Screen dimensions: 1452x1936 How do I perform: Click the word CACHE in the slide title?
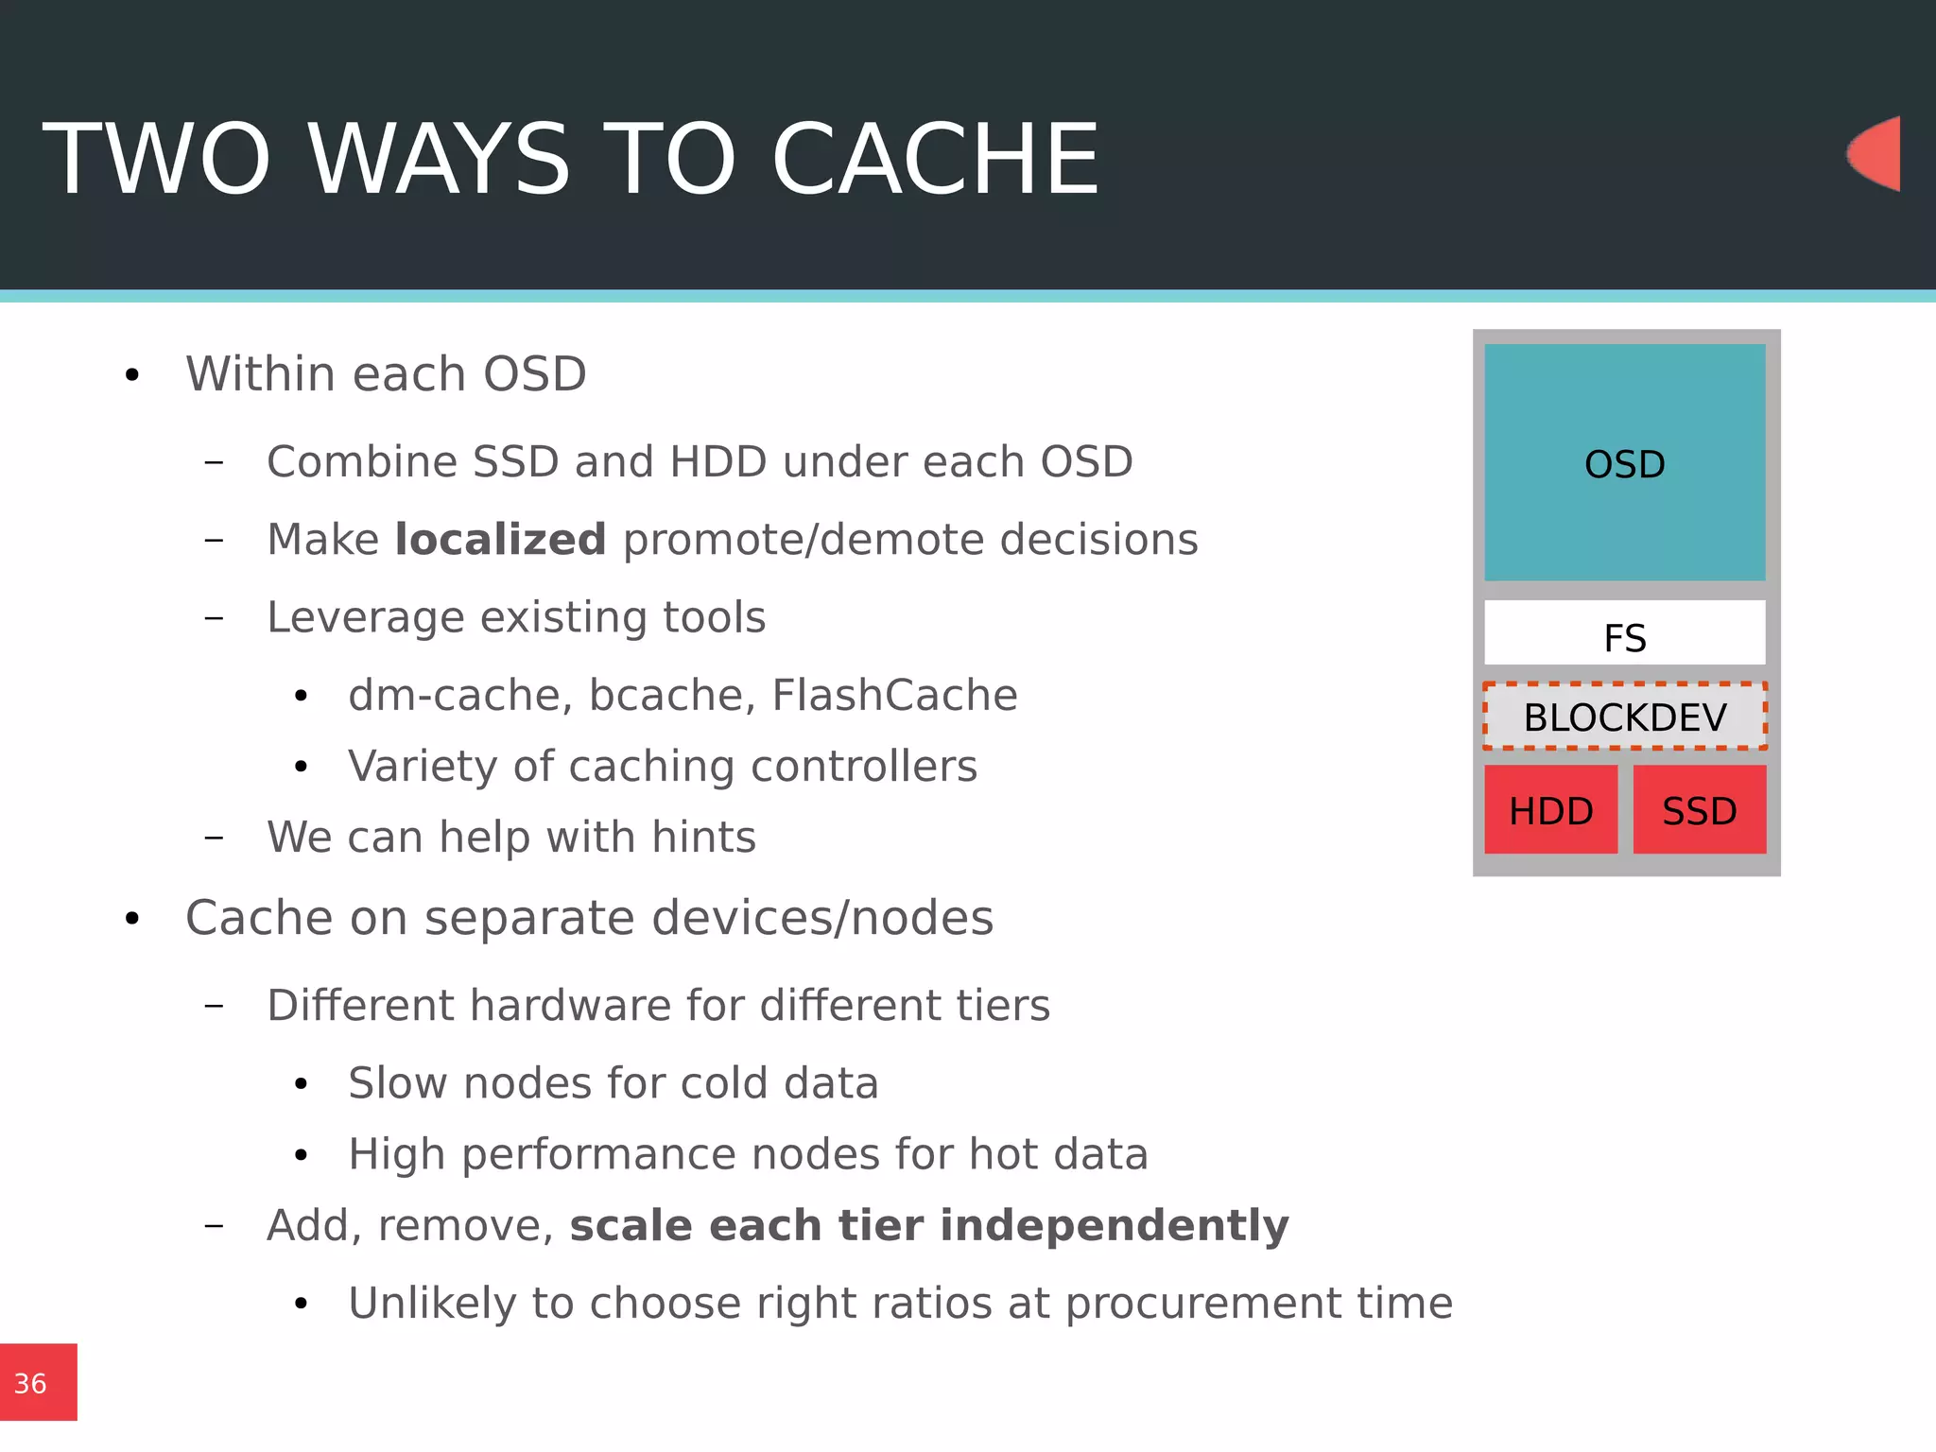tap(935, 160)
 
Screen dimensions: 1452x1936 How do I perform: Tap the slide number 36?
tap(30, 1384)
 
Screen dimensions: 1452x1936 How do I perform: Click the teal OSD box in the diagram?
tap(1624, 463)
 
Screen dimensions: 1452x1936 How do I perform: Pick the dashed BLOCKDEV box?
tap(1624, 717)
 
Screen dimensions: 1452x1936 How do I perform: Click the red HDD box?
tap(1550, 810)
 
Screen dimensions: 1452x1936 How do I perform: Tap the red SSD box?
tap(1699, 810)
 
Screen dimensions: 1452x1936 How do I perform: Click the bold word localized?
tap(500, 540)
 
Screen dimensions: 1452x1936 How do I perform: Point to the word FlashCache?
tap(894, 695)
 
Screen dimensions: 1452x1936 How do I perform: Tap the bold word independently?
tap(1114, 1225)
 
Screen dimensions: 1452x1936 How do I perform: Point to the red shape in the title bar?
tap(1875, 153)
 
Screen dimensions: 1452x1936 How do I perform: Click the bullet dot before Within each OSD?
tap(132, 375)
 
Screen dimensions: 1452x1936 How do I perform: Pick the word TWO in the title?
tap(157, 160)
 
